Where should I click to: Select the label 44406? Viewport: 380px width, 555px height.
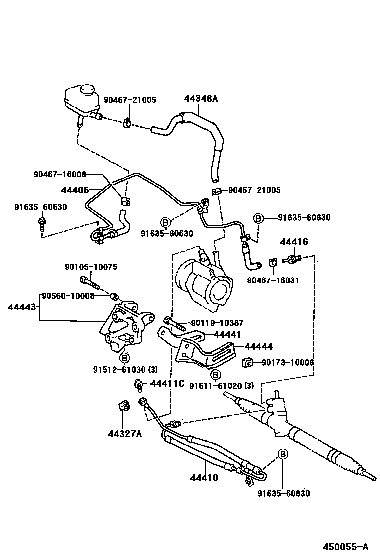tap(75, 190)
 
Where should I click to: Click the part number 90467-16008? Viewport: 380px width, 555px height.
tap(60, 175)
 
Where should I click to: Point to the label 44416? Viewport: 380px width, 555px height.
tap(294, 242)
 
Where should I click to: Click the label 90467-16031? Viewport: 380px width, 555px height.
tap(273, 280)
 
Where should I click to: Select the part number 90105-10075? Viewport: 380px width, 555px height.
tap(91, 267)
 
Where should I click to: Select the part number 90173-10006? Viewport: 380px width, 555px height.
tap(287, 362)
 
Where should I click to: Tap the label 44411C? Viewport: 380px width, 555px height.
tap(167, 383)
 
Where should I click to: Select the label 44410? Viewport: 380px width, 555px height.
tap(204, 478)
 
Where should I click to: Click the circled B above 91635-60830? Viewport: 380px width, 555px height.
tap(283, 454)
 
